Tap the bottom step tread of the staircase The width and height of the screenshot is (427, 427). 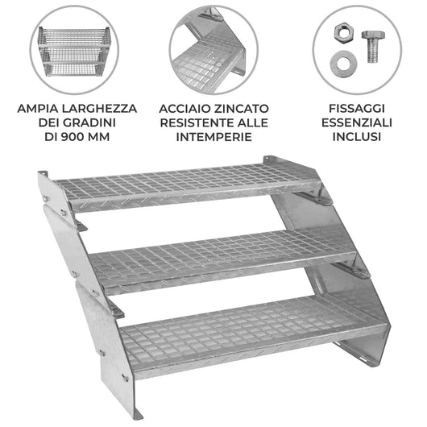[x=242, y=326]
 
